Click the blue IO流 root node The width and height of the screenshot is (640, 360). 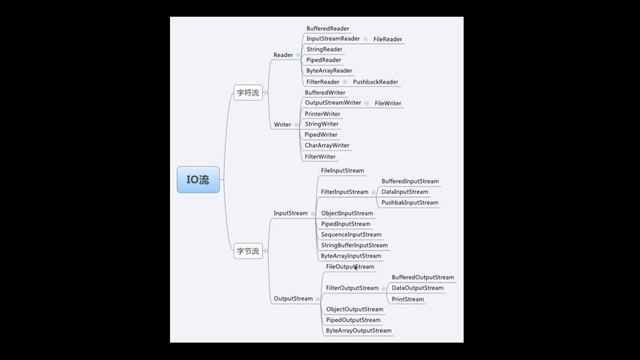tap(197, 180)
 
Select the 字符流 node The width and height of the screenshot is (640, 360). tap(247, 93)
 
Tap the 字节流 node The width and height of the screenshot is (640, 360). tap(247, 251)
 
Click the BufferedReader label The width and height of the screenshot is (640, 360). tap(327, 29)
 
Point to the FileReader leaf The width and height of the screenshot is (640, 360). tap(388, 39)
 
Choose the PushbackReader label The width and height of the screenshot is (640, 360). tap(375, 82)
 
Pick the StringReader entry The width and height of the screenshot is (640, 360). tap(324, 49)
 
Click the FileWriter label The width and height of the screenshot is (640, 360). tap(388, 103)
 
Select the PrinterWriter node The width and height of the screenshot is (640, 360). tap(322, 114)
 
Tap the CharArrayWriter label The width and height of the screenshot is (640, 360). tap(327, 146)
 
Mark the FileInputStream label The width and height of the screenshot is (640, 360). tap(342, 171)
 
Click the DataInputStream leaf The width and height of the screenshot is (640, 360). tap(404, 192)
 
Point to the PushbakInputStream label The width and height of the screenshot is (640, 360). tap(409, 203)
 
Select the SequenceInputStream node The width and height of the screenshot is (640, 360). tap(351, 235)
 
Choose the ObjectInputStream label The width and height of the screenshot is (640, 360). tap(346, 213)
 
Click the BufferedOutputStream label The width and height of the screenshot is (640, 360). tap(422, 277)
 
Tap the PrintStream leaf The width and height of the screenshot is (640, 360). tap(407, 299)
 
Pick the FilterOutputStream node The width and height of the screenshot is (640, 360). tap(352, 288)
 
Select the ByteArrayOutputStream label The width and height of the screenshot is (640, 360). tap(358, 331)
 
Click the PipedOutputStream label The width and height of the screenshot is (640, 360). tap(352, 320)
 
